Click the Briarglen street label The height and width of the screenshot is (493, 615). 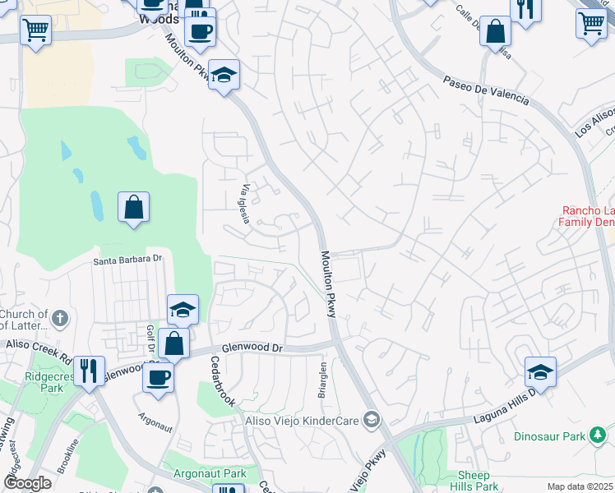323,380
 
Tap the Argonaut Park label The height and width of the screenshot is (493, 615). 210,474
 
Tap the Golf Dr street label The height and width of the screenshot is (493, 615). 150,337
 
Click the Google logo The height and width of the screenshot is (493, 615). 27,483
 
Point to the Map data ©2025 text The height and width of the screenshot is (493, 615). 579,486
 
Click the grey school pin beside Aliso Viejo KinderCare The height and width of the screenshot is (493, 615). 372,421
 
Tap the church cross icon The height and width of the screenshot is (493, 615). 59,318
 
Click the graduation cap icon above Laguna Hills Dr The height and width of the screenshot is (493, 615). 540,371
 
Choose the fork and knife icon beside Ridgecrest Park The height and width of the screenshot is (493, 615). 89,370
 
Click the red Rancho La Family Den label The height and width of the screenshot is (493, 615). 586,216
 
